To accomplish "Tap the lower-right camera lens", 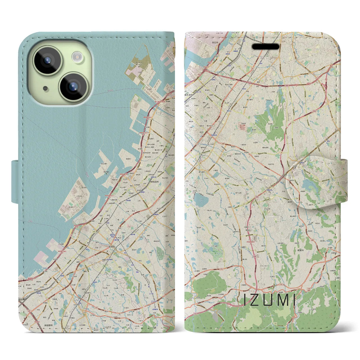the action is tap(73, 87).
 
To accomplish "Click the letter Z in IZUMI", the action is tap(255, 300).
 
